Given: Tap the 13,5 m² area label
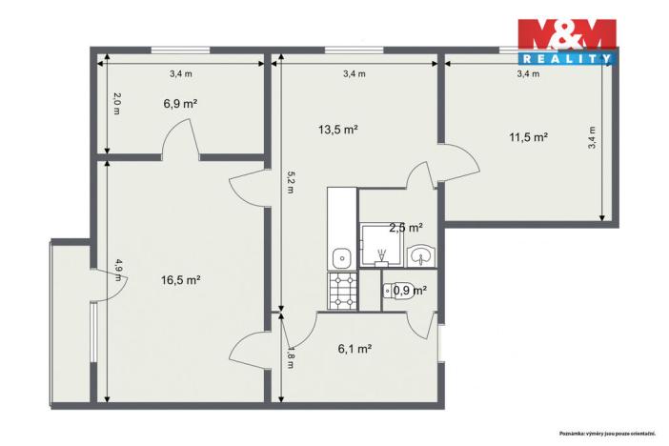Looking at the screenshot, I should click(337, 130).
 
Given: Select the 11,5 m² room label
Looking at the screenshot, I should click(528, 137).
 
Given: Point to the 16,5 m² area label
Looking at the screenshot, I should click(180, 280).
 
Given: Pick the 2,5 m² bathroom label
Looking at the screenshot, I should click(405, 228).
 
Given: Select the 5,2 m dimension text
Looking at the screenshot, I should click(289, 183).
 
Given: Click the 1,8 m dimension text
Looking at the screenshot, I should click(290, 358).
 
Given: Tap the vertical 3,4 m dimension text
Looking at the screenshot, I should click(592, 139).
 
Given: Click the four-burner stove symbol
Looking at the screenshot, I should click(342, 292).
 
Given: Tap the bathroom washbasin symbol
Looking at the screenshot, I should click(421, 255).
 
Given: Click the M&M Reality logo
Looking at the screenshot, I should click(566, 42).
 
